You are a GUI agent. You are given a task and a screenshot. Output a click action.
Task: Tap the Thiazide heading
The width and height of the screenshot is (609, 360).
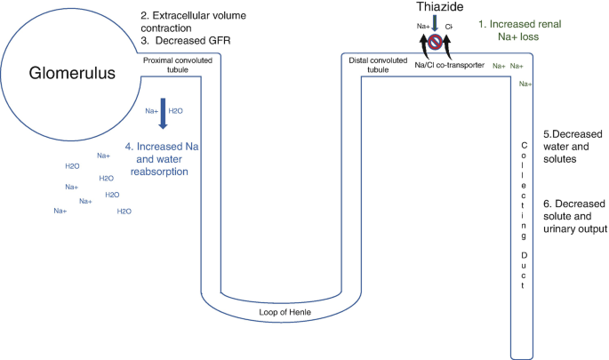pyautogui.click(x=436, y=8)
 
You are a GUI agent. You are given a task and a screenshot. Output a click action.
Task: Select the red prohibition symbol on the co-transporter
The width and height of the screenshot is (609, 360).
pyautogui.click(x=436, y=42)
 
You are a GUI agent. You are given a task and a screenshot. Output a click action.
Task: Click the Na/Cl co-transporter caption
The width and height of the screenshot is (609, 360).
pyautogui.click(x=449, y=65)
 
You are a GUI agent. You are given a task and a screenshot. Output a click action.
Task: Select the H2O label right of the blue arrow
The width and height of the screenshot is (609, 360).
pyautogui.click(x=177, y=111)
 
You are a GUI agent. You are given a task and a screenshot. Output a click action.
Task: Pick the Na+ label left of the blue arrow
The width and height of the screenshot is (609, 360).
pyautogui.click(x=152, y=111)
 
